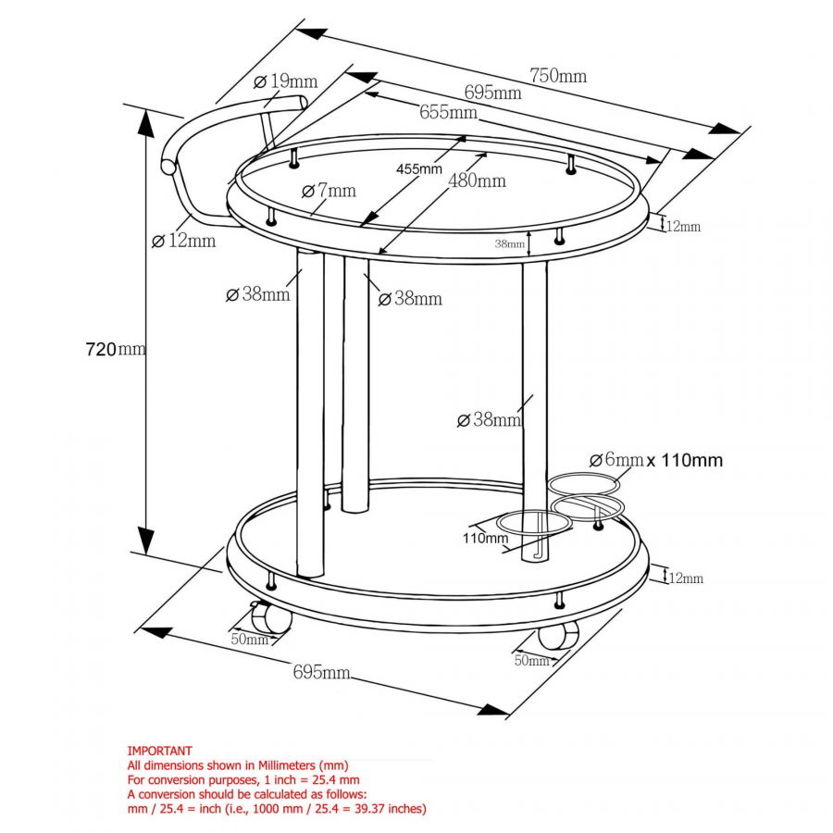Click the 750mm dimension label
(557, 76)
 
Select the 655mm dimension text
(448, 112)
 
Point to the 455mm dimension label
(418, 168)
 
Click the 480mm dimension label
(477, 180)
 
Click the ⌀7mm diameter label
(329, 191)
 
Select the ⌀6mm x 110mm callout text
(655, 460)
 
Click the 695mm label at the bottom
(321, 672)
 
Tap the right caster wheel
(557, 633)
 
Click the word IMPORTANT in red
(159, 752)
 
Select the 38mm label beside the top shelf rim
(509, 244)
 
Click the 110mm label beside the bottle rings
(485, 538)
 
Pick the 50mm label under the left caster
(249, 640)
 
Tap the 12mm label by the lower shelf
(686, 578)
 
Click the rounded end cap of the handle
(168, 167)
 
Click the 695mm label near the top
(492, 92)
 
